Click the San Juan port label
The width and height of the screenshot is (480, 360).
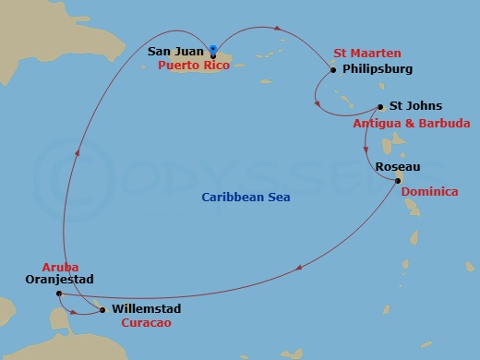tap(176, 51)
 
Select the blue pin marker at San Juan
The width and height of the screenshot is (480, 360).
tap(213, 50)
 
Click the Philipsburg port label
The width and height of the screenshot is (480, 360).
tap(377, 69)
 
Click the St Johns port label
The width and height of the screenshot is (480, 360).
tap(416, 106)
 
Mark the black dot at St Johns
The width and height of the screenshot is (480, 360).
tap(380, 106)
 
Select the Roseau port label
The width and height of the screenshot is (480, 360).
tap(399, 166)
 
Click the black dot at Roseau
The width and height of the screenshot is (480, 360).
tap(398, 181)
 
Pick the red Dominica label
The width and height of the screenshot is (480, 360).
tap(429, 192)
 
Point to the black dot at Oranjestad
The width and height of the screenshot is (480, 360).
tap(58, 294)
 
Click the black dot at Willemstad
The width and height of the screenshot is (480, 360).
tap(102, 309)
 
